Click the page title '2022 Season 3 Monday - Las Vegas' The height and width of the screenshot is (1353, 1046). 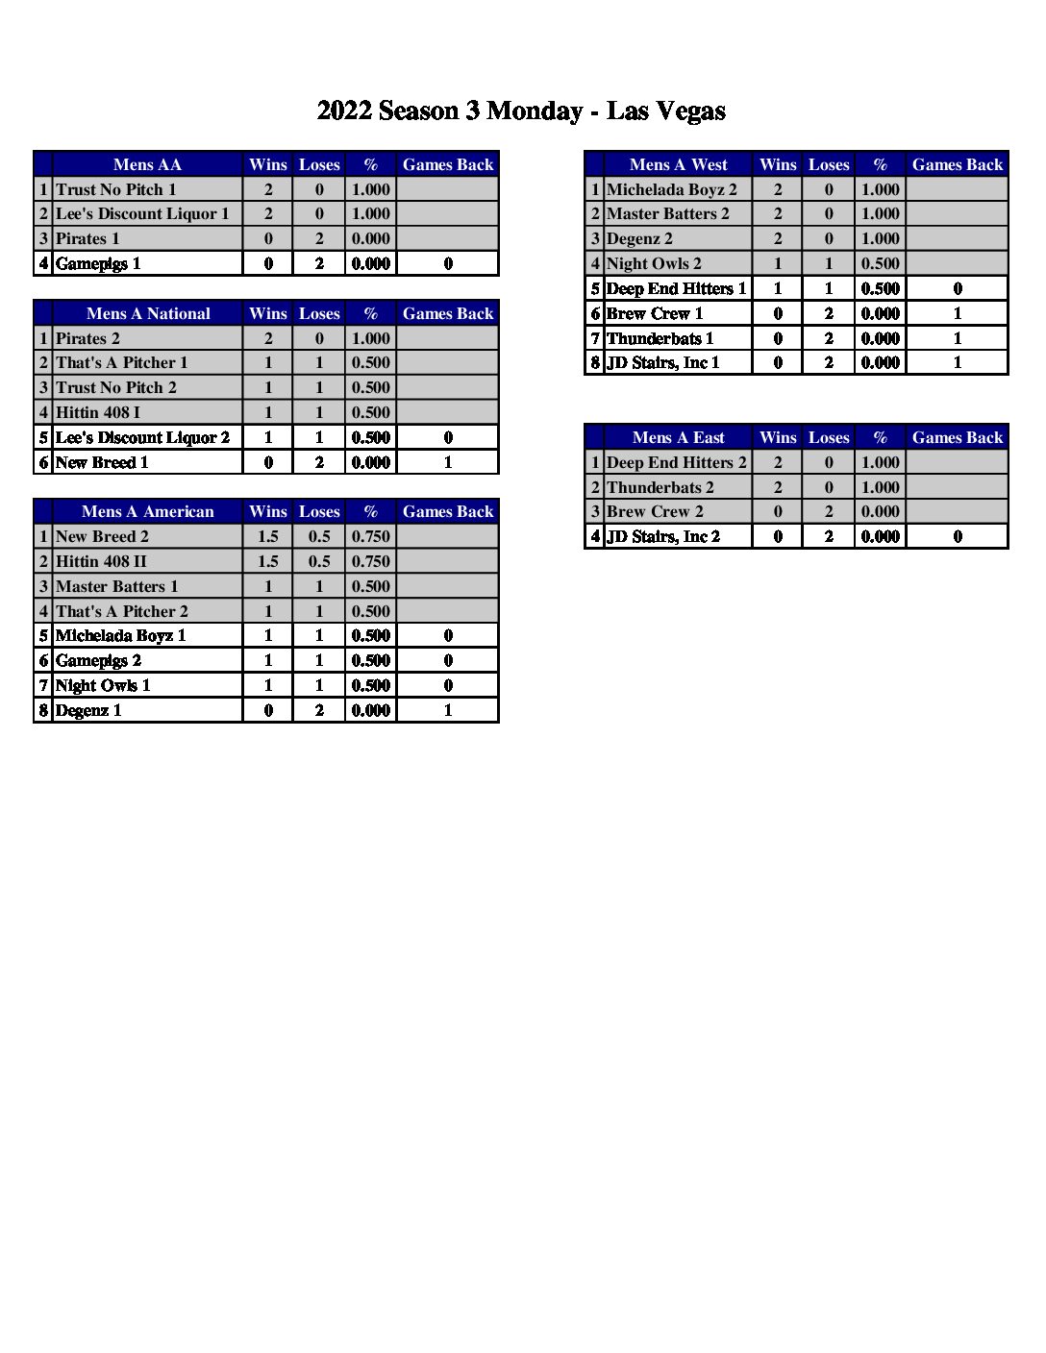pyautogui.click(x=521, y=111)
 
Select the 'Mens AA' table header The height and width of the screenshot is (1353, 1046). pyautogui.click(x=147, y=164)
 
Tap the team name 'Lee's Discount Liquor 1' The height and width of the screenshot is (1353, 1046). pyautogui.click(x=142, y=213)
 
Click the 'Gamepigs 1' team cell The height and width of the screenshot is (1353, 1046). pyautogui.click(x=98, y=263)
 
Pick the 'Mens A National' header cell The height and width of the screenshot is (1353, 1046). pyautogui.click(x=147, y=313)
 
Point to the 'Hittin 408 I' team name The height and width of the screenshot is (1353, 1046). pyautogui.click(x=98, y=412)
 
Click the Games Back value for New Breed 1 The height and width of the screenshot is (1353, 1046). pyautogui.click(x=448, y=462)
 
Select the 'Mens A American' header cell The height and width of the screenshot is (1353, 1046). pyautogui.click(x=147, y=511)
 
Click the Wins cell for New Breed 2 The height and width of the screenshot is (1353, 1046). pyautogui.click(x=268, y=536)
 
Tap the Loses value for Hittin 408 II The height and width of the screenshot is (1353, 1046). pyautogui.click(x=319, y=561)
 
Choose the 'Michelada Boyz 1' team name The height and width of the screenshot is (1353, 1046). pyautogui.click(x=120, y=635)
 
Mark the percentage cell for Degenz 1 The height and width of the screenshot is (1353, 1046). pyautogui.click(x=371, y=710)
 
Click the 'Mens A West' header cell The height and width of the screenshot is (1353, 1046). pyautogui.click(x=678, y=164)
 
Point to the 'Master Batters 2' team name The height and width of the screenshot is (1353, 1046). pyautogui.click(x=668, y=213)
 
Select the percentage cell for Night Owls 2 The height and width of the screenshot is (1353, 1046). pyautogui.click(x=881, y=263)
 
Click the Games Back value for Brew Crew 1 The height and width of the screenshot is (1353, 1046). pyautogui.click(x=958, y=313)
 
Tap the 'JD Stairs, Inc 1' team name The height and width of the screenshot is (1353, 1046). pyautogui.click(x=662, y=362)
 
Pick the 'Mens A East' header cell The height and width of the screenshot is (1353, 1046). pyautogui.click(x=678, y=437)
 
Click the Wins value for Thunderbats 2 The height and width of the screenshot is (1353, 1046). pyautogui.click(x=778, y=487)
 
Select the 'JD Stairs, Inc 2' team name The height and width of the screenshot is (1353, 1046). pyautogui.click(x=662, y=536)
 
